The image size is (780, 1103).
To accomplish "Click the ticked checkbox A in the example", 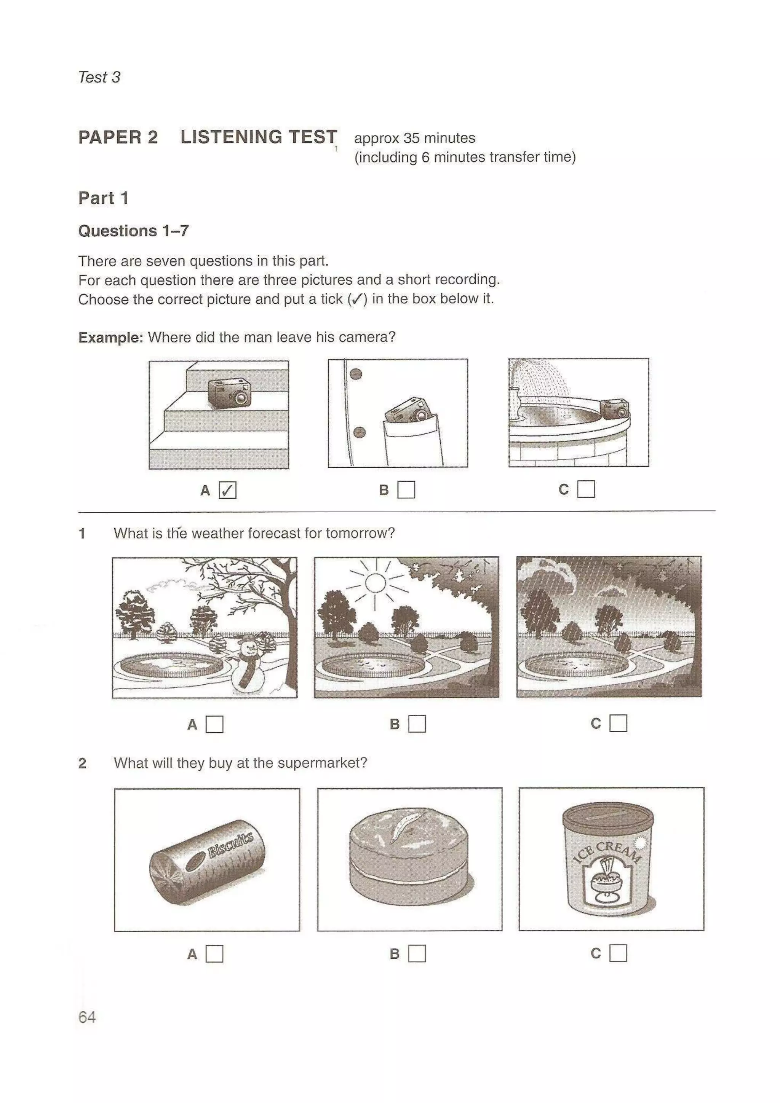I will (227, 491).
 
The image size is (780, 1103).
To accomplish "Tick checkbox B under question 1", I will (417, 724).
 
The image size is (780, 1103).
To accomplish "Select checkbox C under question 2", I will (618, 953).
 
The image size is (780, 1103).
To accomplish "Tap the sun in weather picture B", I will (376, 583).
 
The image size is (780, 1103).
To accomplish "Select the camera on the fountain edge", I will (615, 408).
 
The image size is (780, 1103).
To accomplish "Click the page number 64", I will (87, 1017).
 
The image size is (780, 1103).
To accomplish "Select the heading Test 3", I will (99, 77).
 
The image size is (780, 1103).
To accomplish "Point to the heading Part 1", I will (103, 198).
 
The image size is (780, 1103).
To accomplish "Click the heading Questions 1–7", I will (134, 231).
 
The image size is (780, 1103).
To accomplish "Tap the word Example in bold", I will (110, 338).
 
